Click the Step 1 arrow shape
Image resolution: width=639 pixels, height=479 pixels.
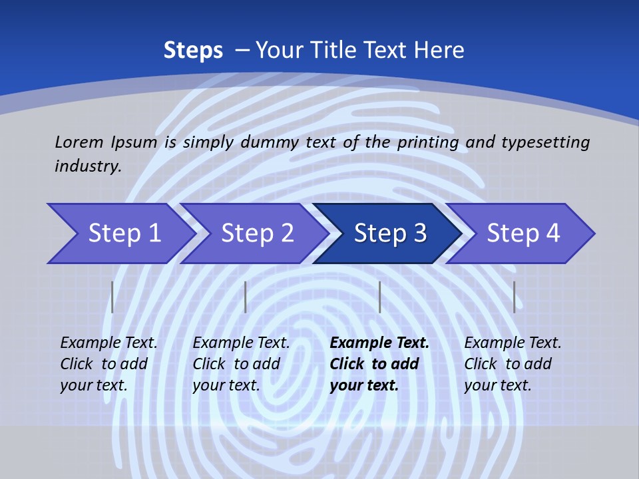120,234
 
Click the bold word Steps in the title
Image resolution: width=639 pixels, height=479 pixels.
193,51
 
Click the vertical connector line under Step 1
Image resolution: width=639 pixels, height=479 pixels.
112,297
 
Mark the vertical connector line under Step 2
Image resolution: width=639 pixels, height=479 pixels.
246,297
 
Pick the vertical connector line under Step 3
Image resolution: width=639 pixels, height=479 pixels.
379,297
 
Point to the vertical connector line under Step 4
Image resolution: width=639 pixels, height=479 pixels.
514,297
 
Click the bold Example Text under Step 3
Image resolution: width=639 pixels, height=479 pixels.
379,343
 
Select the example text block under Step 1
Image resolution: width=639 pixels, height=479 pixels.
108,364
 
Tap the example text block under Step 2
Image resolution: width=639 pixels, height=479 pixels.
240,364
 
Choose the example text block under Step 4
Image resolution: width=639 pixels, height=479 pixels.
512,364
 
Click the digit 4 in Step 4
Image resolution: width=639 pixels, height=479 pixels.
552,234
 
